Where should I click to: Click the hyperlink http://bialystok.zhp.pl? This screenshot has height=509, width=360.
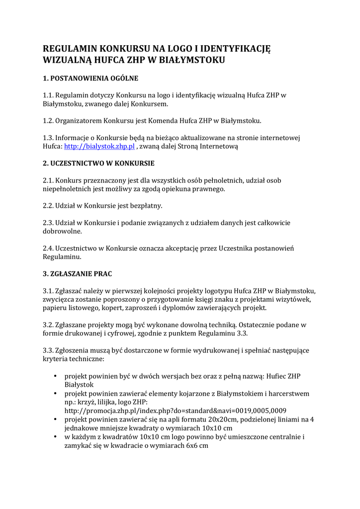click(99, 147)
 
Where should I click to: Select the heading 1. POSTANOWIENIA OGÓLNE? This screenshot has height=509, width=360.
click(90, 78)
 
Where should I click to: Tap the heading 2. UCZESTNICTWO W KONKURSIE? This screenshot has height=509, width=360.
click(98, 163)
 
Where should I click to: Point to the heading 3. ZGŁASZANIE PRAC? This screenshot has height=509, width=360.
click(81, 274)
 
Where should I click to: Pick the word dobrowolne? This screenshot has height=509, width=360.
click(62, 231)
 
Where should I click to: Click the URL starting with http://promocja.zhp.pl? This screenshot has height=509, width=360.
click(175, 411)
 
